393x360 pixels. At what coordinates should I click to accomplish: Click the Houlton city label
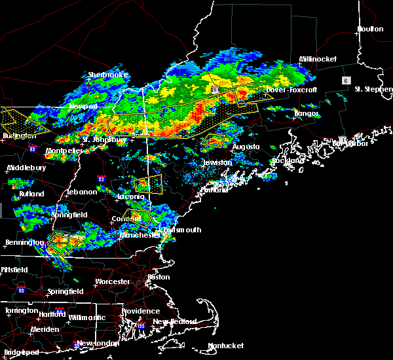370,29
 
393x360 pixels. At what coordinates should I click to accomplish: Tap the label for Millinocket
318,59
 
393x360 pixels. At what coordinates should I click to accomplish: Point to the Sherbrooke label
108,75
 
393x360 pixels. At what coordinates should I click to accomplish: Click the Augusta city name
246,147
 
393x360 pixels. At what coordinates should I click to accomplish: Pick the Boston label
159,277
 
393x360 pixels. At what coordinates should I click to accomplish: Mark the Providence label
140,312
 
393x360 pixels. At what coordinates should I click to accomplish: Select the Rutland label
31,194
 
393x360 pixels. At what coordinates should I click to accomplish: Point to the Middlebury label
27,168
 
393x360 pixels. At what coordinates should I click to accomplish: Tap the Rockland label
288,160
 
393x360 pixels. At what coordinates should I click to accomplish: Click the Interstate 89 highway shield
33,149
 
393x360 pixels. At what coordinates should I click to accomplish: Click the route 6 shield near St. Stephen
345,80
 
